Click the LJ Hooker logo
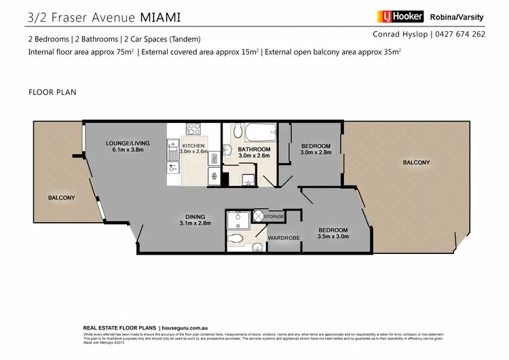400,16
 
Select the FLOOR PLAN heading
52,91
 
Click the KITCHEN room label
193,145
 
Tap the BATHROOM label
254,149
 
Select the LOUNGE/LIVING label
128,143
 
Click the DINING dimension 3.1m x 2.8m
195,223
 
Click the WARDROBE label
280,238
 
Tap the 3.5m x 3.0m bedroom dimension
333,236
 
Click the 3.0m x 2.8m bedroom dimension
316,153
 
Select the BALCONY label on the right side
416,162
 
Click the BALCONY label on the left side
61,198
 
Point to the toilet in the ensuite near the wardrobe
236,239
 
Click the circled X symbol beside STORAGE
258,216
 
